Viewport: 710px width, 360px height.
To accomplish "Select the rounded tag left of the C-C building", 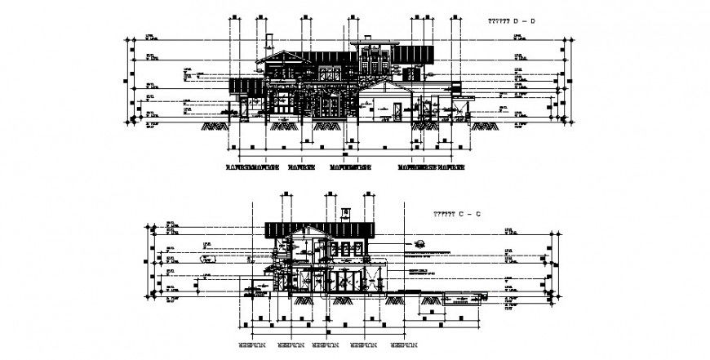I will pos(210,259).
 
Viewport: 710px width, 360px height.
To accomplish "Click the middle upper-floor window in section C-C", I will pos(344,248).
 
